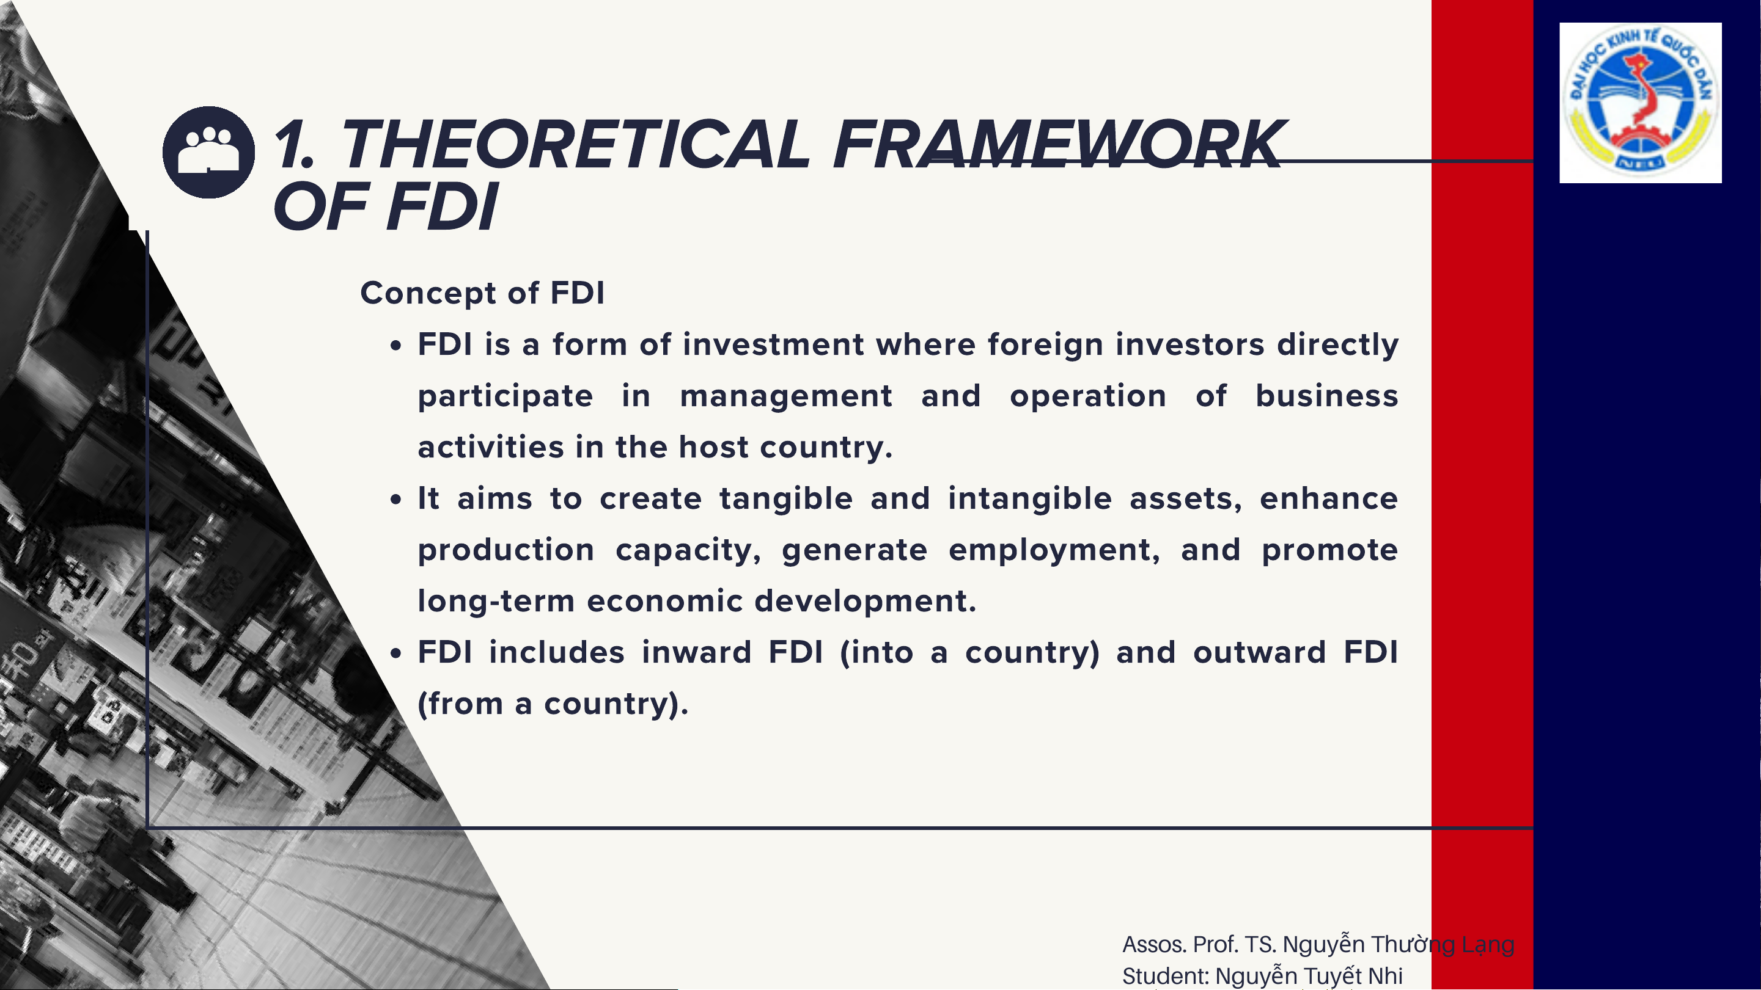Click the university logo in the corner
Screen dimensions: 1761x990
(x=1640, y=103)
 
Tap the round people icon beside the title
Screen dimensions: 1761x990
(x=208, y=152)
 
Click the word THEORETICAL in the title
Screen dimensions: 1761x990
(x=574, y=144)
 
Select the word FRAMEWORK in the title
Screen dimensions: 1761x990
(x=1058, y=144)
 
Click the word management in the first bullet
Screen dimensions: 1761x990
(x=786, y=396)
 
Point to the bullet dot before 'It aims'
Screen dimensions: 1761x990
(x=396, y=500)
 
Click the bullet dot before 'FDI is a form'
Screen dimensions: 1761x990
(x=396, y=346)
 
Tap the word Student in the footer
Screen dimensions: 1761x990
(x=1166, y=977)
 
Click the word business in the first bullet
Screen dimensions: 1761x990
(x=1327, y=396)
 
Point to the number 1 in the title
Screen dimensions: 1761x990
(x=290, y=144)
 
